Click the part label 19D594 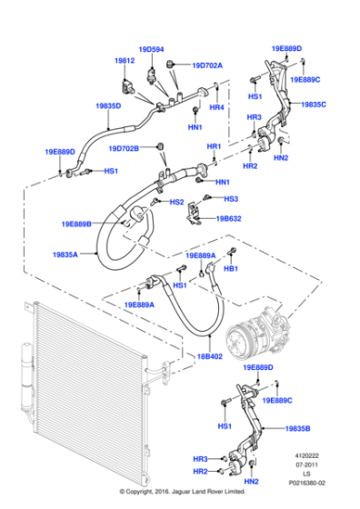(x=151, y=49)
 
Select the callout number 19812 (x=124, y=60)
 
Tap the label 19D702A (x=206, y=65)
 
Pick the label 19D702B (x=124, y=147)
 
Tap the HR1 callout (x=214, y=146)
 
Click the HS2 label (x=176, y=202)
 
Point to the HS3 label (x=231, y=198)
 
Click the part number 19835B (x=298, y=426)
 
